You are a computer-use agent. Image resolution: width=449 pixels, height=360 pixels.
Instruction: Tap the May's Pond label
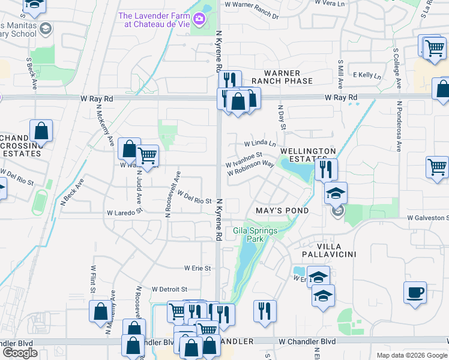click(282, 211)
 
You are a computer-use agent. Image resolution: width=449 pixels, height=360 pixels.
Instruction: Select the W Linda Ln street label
click(260, 144)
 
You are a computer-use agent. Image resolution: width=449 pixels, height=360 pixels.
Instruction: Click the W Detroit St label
click(170, 289)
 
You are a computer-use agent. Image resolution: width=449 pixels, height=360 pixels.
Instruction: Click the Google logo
click(20, 353)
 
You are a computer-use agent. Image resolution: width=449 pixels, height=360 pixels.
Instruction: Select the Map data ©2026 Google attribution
click(411, 355)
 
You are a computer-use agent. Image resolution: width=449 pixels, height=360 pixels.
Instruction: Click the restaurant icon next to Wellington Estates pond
click(326, 169)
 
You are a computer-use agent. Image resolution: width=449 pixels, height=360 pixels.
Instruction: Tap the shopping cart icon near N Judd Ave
click(147, 156)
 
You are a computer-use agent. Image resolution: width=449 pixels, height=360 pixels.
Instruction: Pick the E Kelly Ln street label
click(367, 76)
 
